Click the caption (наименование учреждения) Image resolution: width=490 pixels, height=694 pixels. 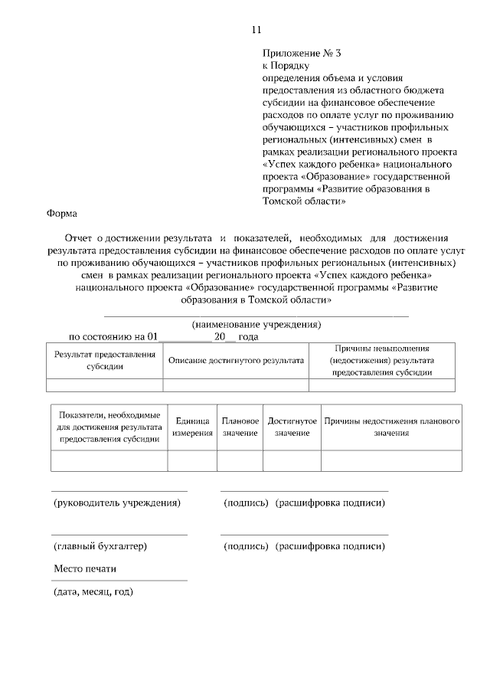pyautogui.click(x=256, y=324)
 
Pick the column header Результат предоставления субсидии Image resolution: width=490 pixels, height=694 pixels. pyautogui.click(x=104, y=360)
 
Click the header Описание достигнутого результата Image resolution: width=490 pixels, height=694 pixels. pyautogui.click(x=236, y=360)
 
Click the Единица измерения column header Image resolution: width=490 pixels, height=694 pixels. pyautogui.click(x=192, y=427)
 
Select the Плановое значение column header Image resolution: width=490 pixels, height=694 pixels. pyautogui.click(x=240, y=427)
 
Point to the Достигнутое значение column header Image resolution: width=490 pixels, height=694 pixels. pyautogui.click(x=292, y=427)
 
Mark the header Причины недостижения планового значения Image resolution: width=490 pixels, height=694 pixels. pyautogui.click(x=391, y=427)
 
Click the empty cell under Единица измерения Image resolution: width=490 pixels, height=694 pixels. pyautogui.click(x=192, y=460)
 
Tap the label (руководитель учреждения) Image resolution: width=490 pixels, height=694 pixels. pyautogui.click(x=117, y=503)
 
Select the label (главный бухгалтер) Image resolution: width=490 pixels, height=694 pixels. pyautogui.click(x=100, y=547)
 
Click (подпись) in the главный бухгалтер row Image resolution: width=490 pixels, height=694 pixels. pyautogui.click(x=246, y=547)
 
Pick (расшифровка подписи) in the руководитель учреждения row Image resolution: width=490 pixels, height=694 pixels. pyautogui.click(x=330, y=503)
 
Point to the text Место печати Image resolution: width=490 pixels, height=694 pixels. pyautogui.click(x=85, y=569)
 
